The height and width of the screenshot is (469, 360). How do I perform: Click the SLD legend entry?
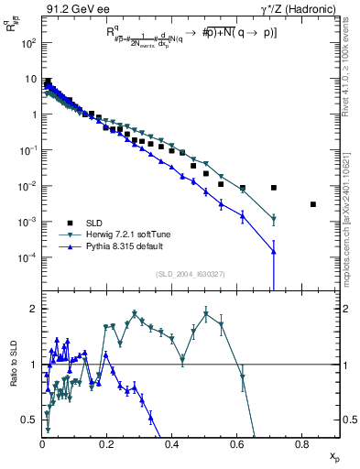(95, 223)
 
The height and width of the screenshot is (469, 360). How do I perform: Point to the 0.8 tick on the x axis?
(302, 444)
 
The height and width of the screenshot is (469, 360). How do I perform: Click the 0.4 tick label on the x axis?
(172, 444)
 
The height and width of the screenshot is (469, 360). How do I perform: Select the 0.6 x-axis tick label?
(237, 444)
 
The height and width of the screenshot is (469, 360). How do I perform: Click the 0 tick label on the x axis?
(43, 444)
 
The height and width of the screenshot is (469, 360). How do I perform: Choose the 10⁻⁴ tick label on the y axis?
(27, 257)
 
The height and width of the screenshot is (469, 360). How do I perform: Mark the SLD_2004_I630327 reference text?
(190, 274)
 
